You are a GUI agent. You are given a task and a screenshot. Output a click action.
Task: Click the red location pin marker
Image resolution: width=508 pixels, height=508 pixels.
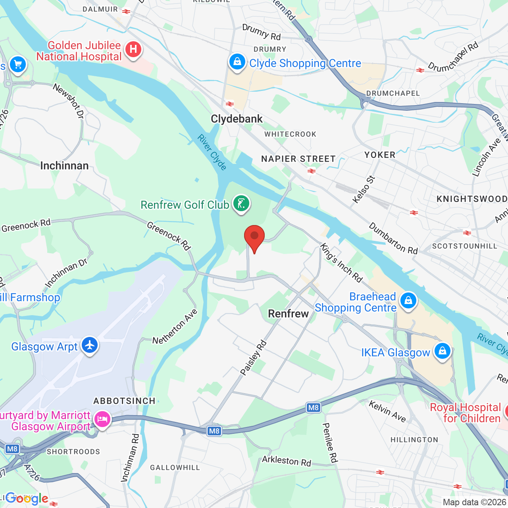point(254,237)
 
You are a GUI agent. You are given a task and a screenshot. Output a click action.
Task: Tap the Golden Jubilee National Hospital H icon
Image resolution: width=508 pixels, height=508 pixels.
point(133,50)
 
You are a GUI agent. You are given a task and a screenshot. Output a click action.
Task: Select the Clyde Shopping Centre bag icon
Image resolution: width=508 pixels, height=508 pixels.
point(237,62)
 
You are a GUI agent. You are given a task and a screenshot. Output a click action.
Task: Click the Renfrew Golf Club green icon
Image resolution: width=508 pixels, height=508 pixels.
point(241,204)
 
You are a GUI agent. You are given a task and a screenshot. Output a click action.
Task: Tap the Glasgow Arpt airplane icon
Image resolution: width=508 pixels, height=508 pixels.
point(90,344)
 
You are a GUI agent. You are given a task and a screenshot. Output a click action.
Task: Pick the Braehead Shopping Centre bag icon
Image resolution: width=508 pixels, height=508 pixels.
point(408,301)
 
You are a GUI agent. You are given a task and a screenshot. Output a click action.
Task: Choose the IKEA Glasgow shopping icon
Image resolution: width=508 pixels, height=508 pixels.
point(442,351)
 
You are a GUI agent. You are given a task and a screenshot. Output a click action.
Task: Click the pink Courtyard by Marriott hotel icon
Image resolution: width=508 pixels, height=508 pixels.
point(102,419)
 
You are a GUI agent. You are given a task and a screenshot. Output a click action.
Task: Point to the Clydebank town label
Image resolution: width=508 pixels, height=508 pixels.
point(237,119)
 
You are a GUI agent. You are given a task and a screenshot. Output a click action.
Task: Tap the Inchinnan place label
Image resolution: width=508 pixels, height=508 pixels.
point(64,165)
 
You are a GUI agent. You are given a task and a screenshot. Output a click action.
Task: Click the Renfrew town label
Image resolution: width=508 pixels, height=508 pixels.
point(288,314)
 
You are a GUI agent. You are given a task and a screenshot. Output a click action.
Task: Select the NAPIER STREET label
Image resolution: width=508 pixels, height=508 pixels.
point(298,159)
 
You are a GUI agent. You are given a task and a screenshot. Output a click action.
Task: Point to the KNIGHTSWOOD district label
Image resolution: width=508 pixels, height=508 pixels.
point(471,199)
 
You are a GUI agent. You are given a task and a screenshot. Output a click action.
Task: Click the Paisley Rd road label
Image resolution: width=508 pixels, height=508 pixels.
point(253,357)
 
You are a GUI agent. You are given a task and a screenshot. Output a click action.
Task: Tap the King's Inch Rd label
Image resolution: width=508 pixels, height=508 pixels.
point(341,263)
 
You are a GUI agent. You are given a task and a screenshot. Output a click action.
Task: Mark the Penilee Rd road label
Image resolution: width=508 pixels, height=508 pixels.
point(329,443)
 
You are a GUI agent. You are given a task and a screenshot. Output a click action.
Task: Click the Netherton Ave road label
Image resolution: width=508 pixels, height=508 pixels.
point(175,327)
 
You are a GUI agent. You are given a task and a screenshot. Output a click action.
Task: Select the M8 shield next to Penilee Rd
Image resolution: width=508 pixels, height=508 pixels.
point(313,407)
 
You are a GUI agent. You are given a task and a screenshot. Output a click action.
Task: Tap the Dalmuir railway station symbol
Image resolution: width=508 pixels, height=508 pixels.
point(126,12)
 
